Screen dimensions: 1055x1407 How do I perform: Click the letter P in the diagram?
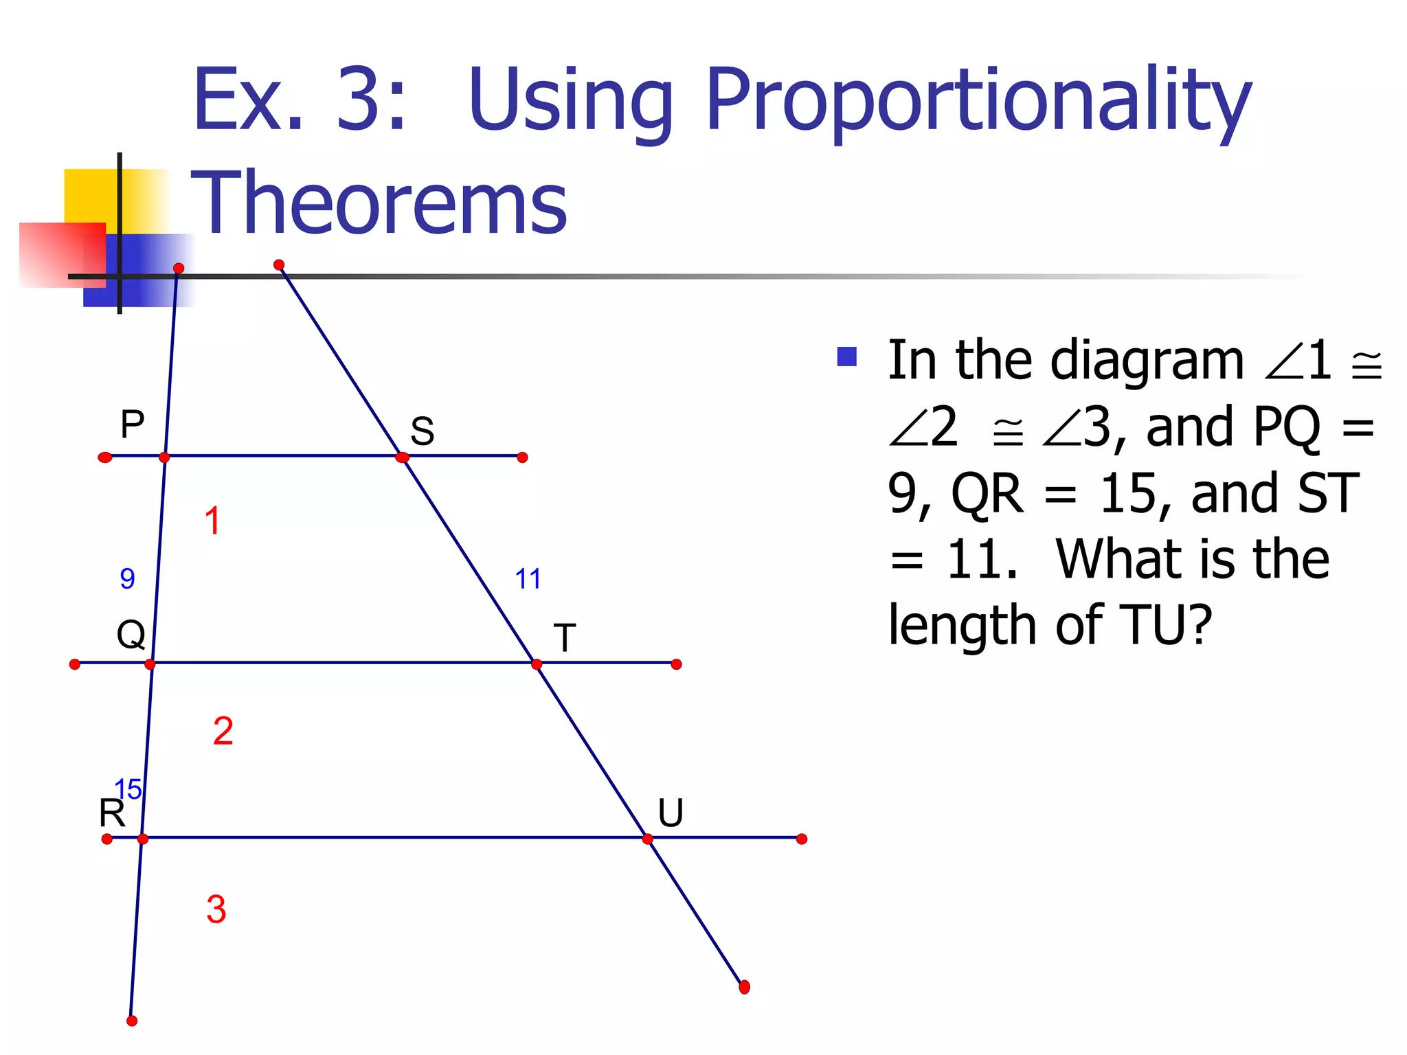[133, 424]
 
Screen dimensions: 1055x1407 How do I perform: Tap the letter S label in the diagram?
[422, 431]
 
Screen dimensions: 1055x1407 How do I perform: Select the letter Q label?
[131, 634]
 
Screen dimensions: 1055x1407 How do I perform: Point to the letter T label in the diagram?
[564, 638]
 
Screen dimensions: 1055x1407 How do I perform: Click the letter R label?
[111, 814]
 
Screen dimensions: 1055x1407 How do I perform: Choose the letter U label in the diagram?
[671, 813]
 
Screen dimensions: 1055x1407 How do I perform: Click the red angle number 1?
[212, 521]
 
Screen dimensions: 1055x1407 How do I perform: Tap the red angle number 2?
[223, 731]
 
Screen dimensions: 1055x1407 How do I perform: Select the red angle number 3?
[216, 909]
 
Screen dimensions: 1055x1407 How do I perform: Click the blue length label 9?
[127, 579]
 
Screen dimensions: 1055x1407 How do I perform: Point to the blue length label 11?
[528, 579]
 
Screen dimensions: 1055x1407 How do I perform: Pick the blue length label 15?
[128, 789]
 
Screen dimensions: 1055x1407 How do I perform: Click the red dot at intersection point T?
[537, 664]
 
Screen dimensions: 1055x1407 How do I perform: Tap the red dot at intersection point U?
[648, 839]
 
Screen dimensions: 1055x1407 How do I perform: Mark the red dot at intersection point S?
[403, 457]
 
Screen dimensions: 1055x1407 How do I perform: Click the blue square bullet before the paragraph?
[847, 356]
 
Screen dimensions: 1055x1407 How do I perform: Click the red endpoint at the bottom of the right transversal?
[744, 988]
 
